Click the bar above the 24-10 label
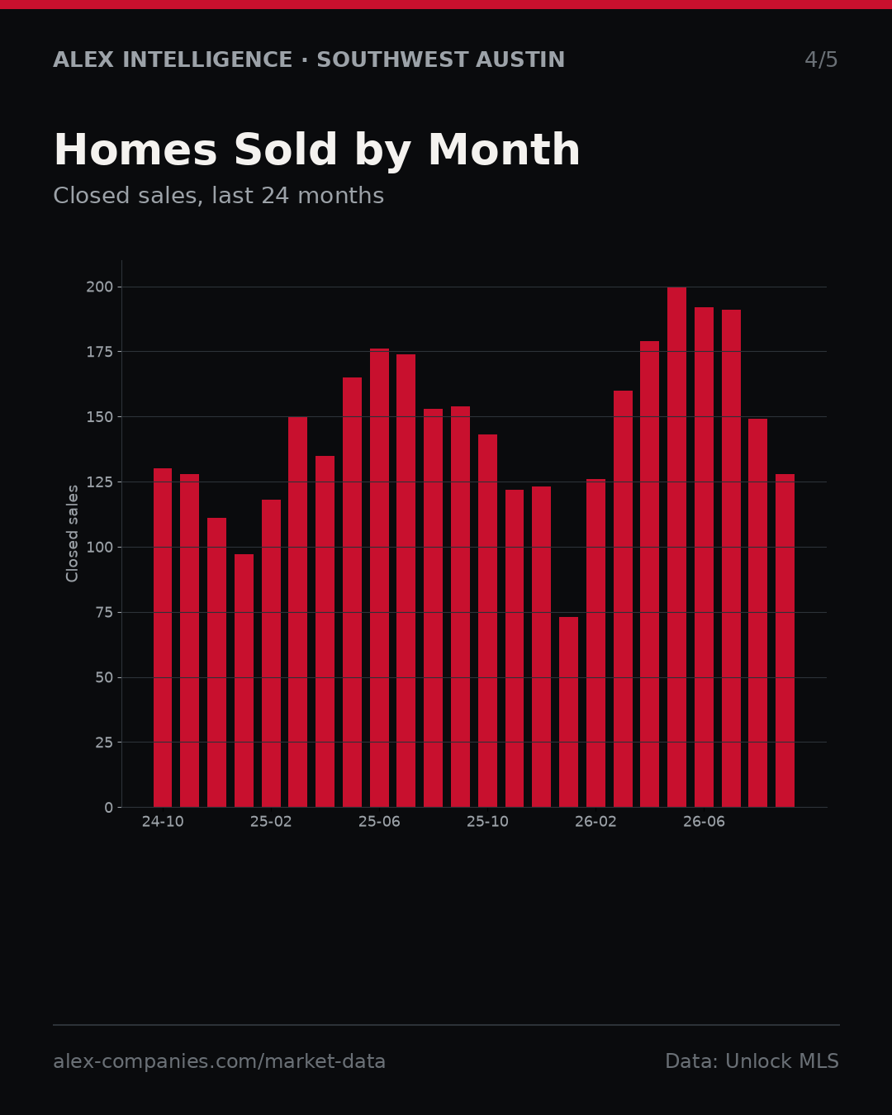[162, 638]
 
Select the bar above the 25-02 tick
[271, 652]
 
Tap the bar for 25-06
[379, 577]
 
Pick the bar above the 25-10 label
[488, 621]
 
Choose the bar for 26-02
[595, 643]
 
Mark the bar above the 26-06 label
[704, 557]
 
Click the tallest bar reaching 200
[677, 547]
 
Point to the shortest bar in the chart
[568, 712]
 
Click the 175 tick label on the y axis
[99, 352]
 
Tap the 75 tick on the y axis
[104, 612]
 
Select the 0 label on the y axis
[108, 808]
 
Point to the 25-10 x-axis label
[488, 822]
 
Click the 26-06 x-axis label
[704, 822]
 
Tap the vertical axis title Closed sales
[72, 534]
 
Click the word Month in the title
[504, 149]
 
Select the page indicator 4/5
[821, 59]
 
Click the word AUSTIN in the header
[520, 59]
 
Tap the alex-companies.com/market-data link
[219, 1061]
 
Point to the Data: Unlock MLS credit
[752, 1061]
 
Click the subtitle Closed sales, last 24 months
[218, 196]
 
